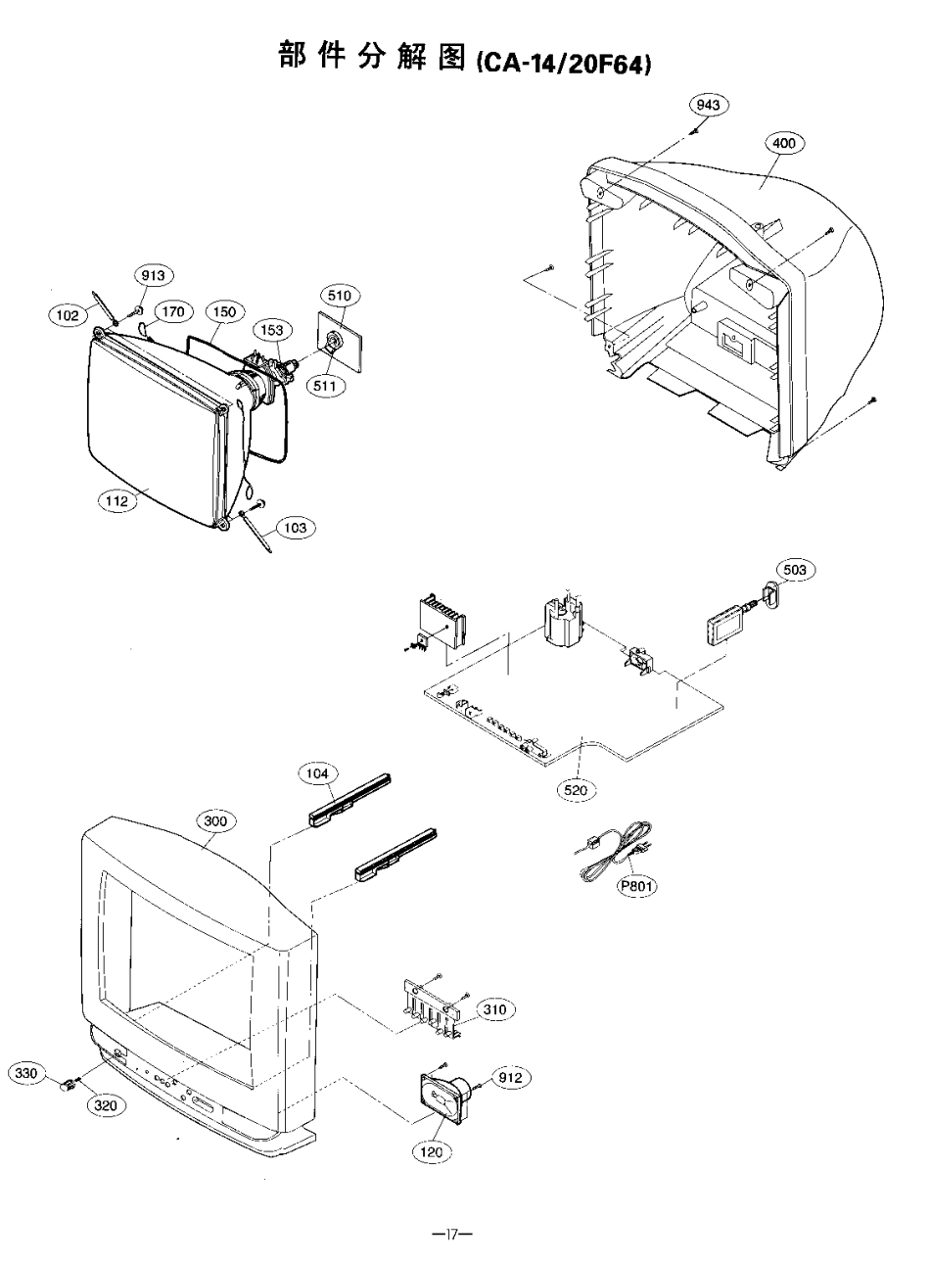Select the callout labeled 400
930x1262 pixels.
tap(783, 143)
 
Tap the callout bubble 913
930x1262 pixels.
tap(152, 276)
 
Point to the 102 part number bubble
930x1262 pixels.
tap(68, 315)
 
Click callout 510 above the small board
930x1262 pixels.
tap(344, 295)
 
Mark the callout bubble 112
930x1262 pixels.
tap(117, 500)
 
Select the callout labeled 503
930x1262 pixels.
tap(796, 569)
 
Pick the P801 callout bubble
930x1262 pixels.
tap(636, 887)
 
